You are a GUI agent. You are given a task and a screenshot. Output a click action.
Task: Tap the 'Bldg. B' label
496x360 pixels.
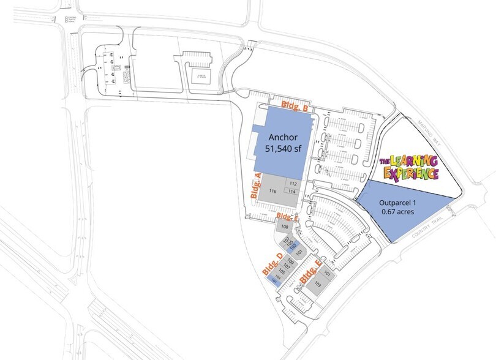[x=293, y=107]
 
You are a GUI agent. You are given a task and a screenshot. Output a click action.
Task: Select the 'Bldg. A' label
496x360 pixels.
[x=257, y=186]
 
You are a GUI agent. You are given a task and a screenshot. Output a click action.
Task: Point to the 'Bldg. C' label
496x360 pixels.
[x=287, y=217]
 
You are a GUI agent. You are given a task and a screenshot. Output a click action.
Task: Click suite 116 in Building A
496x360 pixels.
[x=273, y=192]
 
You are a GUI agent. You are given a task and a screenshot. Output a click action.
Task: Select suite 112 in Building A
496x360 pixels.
[x=293, y=184]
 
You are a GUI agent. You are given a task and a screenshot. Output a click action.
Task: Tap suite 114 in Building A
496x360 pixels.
[x=293, y=192]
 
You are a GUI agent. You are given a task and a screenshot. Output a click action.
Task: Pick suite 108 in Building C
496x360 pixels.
[x=284, y=227]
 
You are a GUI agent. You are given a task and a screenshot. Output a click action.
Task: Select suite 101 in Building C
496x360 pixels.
[x=299, y=252]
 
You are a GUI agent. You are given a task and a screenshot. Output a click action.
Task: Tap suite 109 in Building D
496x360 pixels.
[x=291, y=261]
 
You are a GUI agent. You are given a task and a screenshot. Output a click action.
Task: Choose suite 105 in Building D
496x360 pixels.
[x=282, y=271]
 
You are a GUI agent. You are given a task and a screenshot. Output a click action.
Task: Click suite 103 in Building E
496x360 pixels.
[x=317, y=285]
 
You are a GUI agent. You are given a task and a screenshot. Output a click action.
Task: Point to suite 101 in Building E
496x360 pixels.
[x=328, y=273]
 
